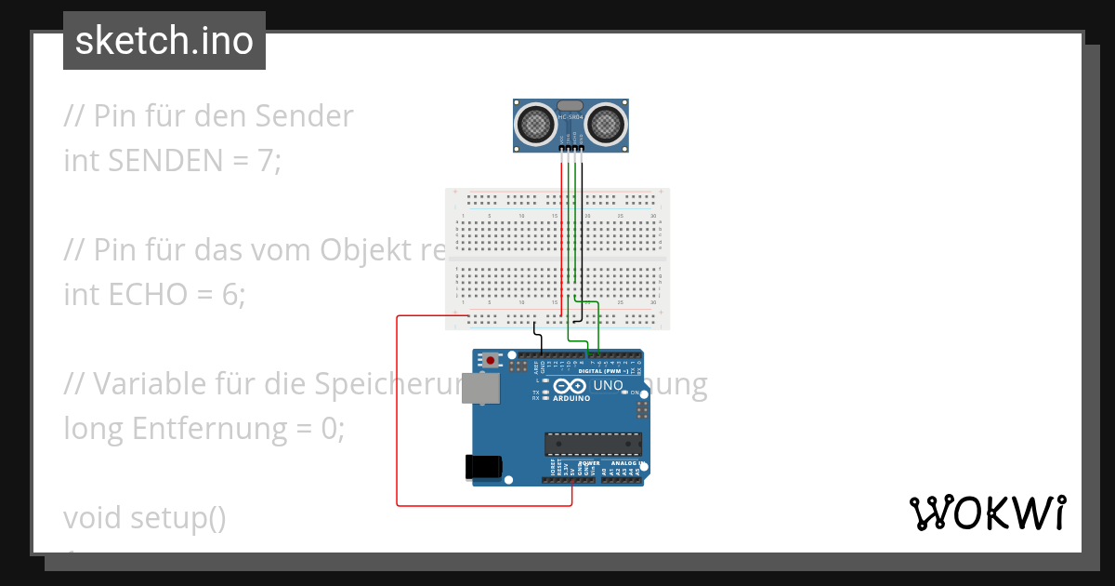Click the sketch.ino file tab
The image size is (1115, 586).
164,41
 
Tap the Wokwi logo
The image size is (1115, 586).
987,513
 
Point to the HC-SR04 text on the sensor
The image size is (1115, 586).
570,117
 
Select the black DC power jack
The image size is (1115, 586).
483,466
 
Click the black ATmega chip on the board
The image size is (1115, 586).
593,445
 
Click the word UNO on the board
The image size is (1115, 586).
608,385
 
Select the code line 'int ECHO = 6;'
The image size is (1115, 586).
154,295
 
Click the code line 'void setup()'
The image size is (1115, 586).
145,518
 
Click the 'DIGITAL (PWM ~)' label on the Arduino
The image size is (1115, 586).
605,370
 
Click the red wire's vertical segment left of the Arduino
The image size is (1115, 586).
398,409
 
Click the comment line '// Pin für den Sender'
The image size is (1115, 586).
209,116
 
